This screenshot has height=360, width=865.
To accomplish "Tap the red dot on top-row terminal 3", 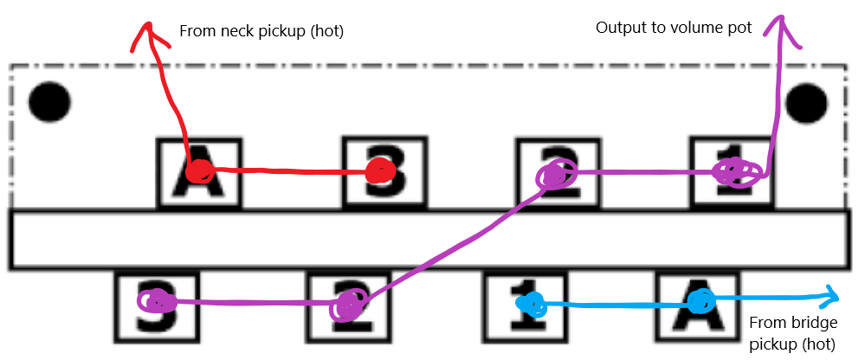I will (x=379, y=171).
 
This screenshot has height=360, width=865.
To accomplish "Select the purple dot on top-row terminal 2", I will (x=555, y=176).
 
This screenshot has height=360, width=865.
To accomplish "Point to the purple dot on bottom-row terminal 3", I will (x=158, y=302).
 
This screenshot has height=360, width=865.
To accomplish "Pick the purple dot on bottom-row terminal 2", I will (x=348, y=304).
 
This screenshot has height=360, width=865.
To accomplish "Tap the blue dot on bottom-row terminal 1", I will (x=530, y=303).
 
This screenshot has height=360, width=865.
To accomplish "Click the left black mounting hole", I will (x=48, y=102).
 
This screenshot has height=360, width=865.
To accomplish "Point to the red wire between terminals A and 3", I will (x=290, y=171).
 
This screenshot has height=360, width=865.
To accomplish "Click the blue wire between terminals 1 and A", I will (x=615, y=304).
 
